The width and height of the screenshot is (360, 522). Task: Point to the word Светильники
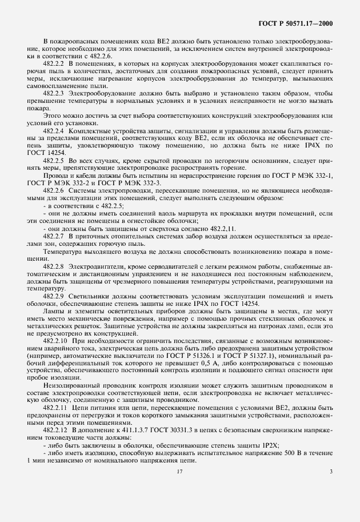click(85, 296)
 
